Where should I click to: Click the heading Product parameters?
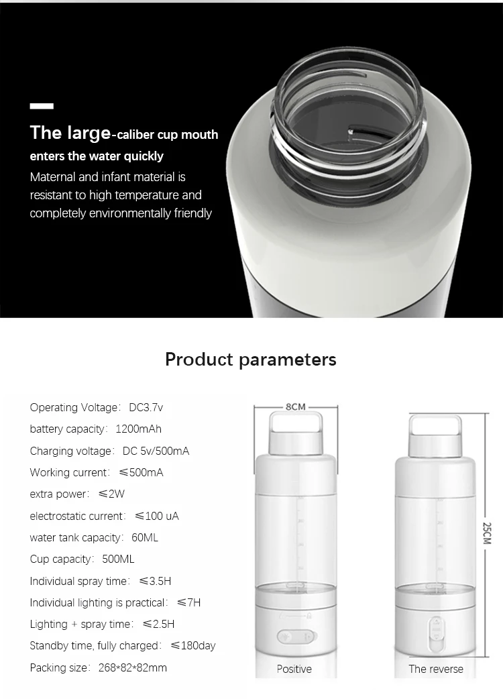[251, 359]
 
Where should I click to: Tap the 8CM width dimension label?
[295, 407]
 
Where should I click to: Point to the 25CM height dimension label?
[488, 537]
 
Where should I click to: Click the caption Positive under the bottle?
[294, 669]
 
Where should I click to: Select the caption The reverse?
[436, 669]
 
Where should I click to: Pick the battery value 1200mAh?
[139, 429]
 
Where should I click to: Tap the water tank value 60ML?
[145, 537]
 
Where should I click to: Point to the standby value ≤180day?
[193, 645]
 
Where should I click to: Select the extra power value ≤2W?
[111, 494]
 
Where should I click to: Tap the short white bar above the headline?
[42, 106]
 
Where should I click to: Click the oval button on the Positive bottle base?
[295, 637]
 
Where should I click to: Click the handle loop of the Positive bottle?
[295, 423]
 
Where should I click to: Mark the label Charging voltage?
[72, 451]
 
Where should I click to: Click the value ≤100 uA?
[157, 516]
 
